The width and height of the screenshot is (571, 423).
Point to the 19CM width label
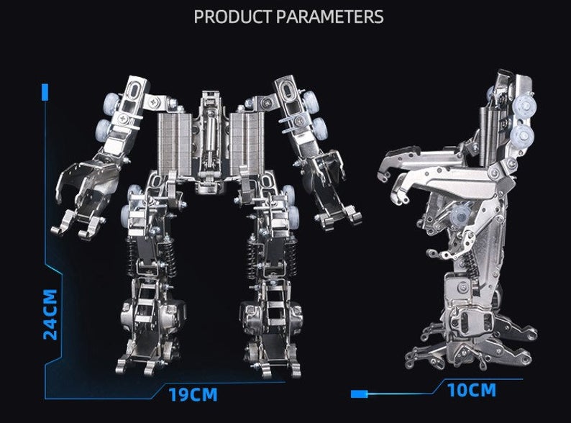tap(193, 394)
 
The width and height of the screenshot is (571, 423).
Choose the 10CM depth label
tap(471, 391)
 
